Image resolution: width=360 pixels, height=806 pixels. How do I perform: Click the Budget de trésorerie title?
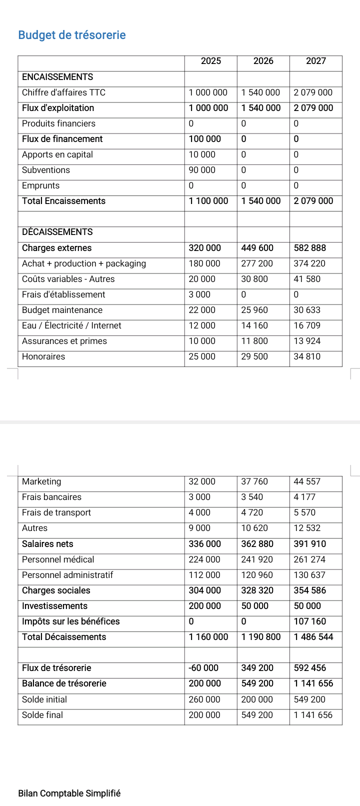(x=72, y=35)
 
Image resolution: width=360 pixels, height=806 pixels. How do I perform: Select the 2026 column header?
(x=263, y=61)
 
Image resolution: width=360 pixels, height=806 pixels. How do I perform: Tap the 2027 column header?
(x=316, y=61)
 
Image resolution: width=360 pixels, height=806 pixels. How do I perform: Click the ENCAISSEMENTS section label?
(x=57, y=77)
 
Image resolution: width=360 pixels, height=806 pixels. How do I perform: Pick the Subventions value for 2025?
(x=202, y=170)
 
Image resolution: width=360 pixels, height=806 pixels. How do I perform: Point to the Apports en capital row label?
(x=57, y=154)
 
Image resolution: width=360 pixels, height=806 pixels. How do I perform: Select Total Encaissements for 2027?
(x=313, y=201)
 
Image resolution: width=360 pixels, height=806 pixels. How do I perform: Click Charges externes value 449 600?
(x=257, y=248)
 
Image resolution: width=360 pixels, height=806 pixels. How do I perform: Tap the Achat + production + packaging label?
(x=84, y=263)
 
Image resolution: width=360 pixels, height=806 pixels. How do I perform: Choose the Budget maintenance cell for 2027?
(x=306, y=310)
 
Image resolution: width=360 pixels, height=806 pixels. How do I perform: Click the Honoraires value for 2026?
(x=254, y=356)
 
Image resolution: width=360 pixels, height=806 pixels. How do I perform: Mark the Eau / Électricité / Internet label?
(x=71, y=325)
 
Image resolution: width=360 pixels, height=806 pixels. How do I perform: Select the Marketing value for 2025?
(x=202, y=481)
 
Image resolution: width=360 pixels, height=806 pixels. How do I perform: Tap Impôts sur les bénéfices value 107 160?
(x=309, y=621)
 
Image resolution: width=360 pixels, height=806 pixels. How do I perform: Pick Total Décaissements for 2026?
(x=261, y=637)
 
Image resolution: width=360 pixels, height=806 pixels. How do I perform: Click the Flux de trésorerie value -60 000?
(x=203, y=668)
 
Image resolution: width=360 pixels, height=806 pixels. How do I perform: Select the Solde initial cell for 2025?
(x=204, y=699)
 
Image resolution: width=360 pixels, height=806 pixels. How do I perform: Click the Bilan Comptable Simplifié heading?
(x=69, y=793)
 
